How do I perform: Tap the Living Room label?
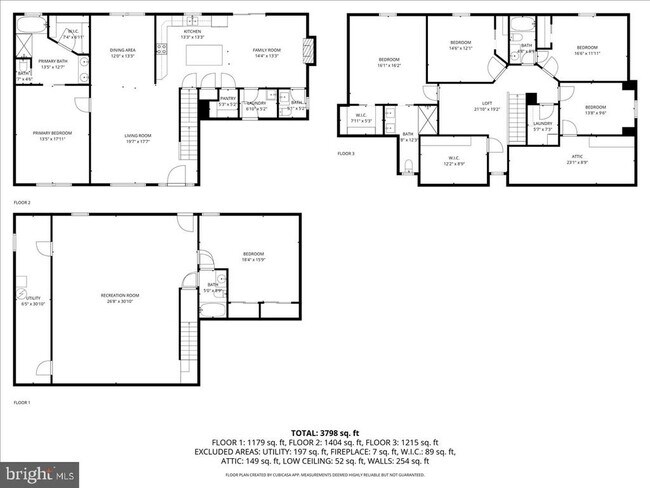[x=137, y=138]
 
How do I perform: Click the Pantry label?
[x=228, y=102]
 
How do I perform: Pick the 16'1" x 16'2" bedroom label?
[x=389, y=62]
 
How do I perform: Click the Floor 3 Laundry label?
[x=542, y=125]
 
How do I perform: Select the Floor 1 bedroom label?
[x=253, y=256]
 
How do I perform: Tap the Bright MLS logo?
[x=40, y=471]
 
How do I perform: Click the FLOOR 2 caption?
[x=22, y=202]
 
